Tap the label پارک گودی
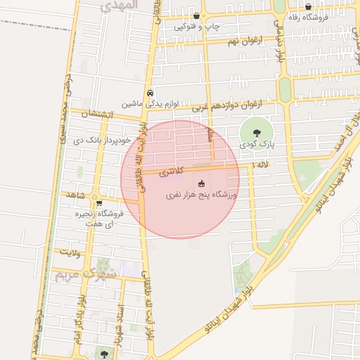click(x=255, y=143)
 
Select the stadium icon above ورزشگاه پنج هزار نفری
click(x=202, y=182)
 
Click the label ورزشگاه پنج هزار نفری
click(x=202, y=194)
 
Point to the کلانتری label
click(x=172, y=171)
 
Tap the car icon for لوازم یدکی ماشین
click(x=150, y=92)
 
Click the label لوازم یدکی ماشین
click(x=150, y=103)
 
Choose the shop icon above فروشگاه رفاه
click(x=308, y=7)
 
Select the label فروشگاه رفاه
click(x=308, y=18)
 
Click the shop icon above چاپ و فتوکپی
click(x=196, y=15)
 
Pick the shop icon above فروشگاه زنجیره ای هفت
click(x=98, y=202)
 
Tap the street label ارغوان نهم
click(x=243, y=41)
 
